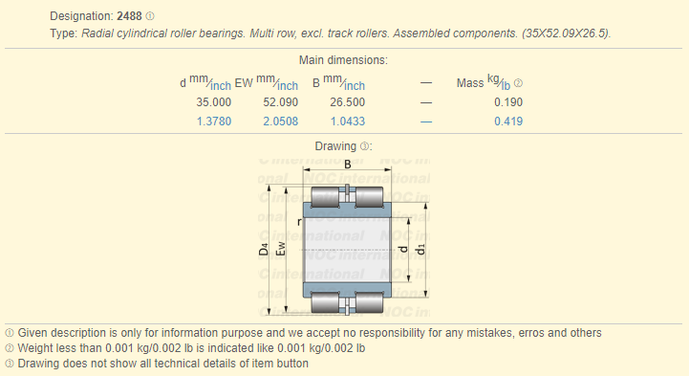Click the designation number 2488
point(129,16)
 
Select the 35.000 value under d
point(213,102)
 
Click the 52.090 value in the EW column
point(280,102)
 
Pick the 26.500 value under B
point(347,102)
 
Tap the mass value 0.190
point(508,102)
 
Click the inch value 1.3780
point(213,122)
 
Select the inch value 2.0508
point(280,122)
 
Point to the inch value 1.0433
point(348,122)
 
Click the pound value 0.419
point(508,122)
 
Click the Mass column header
point(470,83)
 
